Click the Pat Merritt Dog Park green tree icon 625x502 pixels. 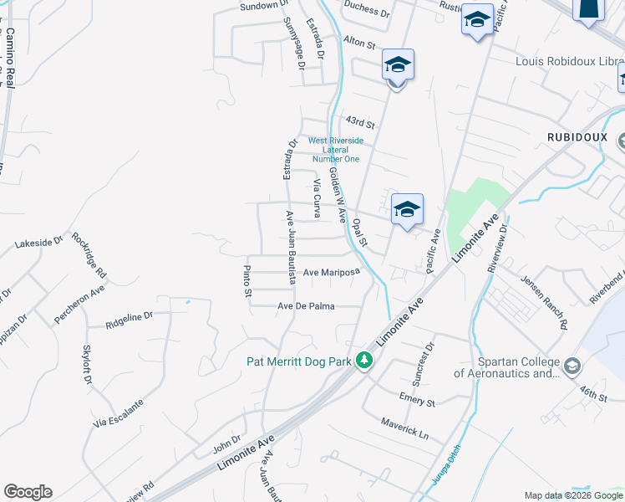point(363,361)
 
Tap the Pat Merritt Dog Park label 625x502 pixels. point(300,361)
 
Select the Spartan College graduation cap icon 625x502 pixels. point(572,366)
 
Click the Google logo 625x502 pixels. point(28,492)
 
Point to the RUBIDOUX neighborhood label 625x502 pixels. point(576,136)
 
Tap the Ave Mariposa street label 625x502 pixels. point(331,272)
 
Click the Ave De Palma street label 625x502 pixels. point(306,306)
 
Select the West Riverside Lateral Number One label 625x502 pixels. point(335,150)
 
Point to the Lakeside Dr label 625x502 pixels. point(39,244)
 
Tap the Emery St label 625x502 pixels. point(417,398)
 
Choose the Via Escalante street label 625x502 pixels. point(119,413)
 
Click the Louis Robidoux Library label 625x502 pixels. point(569,61)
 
